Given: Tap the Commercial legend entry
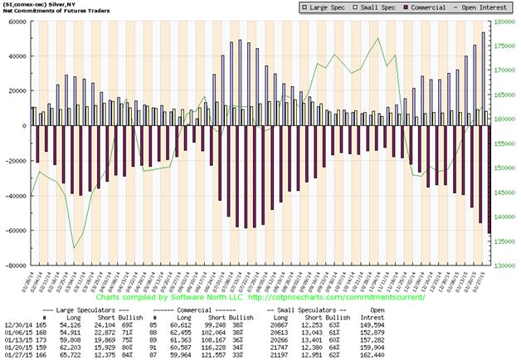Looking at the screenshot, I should pos(421,7).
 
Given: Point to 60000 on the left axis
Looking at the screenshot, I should pos(14,22).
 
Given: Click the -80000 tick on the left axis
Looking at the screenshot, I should pos(14,266).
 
